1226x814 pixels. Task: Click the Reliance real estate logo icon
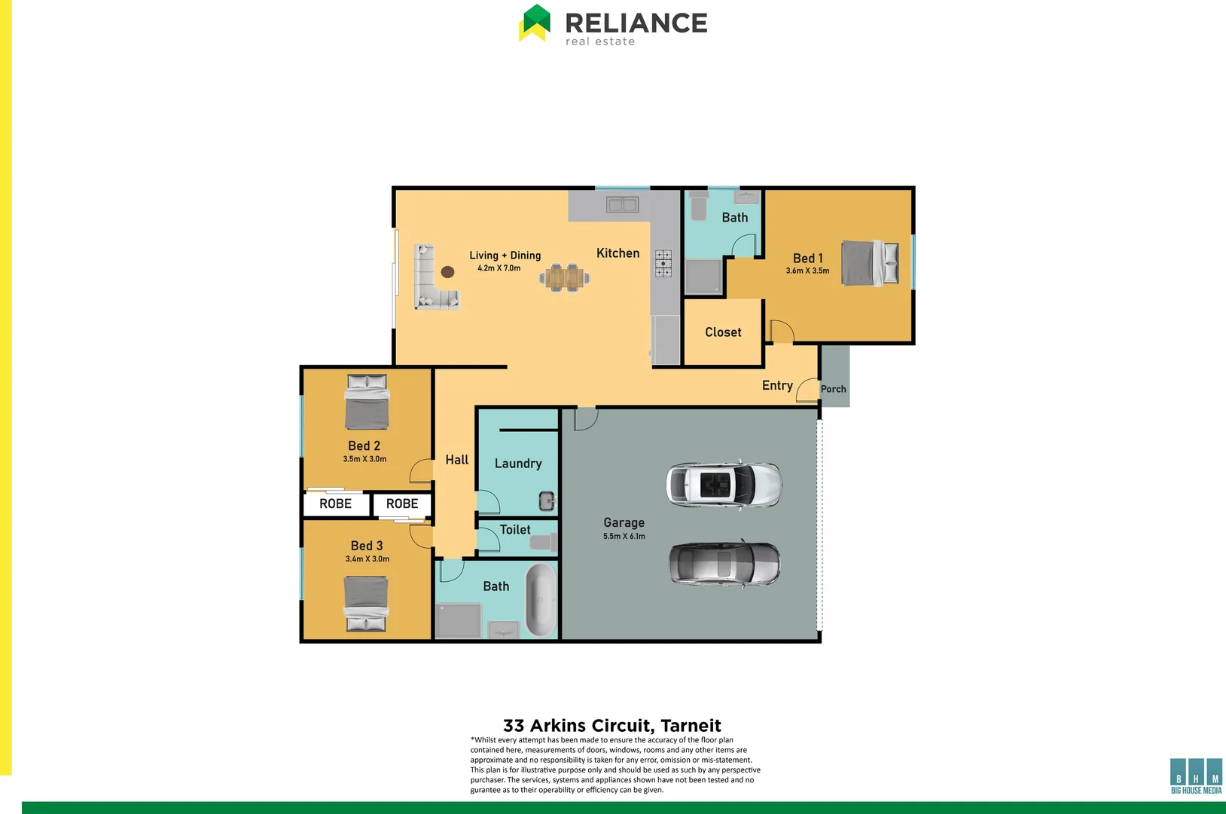(535, 23)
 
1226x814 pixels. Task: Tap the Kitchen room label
(618, 253)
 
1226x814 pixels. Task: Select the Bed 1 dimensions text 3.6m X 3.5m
(807, 271)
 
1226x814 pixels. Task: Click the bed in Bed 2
(367, 402)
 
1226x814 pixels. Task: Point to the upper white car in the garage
(724, 484)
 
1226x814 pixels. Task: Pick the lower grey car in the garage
(724, 564)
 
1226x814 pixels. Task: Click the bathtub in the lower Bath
(540, 601)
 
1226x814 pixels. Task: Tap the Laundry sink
(547, 500)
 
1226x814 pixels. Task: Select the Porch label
(833, 389)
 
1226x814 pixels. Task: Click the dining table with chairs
(564, 277)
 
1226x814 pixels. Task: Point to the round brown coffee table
(447, 272)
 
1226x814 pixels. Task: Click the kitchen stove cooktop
(663, 264)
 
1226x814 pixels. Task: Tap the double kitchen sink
(623, 204)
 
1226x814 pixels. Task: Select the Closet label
(723, 332)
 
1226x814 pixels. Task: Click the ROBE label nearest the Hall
(401, 503)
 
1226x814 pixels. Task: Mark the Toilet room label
(515, 530)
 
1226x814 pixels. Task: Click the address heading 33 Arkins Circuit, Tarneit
(611, 726)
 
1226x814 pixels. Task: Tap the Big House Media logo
(1196, 776)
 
